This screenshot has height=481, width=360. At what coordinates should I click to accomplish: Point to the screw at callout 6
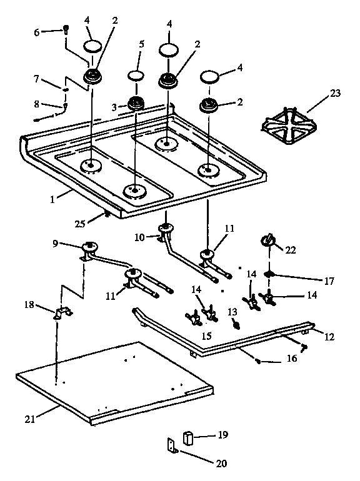tap(65, 29)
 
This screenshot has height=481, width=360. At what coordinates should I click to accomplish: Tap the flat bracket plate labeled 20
tap(171, 445)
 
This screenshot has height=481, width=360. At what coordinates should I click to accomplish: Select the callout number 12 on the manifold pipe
tap(329, 337)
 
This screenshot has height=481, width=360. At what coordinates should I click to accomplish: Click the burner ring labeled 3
tap(137, 104)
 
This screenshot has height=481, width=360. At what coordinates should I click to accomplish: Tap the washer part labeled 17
tap(270, 274)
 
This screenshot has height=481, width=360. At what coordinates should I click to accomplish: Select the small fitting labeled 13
tap(236, 324)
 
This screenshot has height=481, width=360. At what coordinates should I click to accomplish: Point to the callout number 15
tap(206, 335)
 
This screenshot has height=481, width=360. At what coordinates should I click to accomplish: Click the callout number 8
tap(37, 104)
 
